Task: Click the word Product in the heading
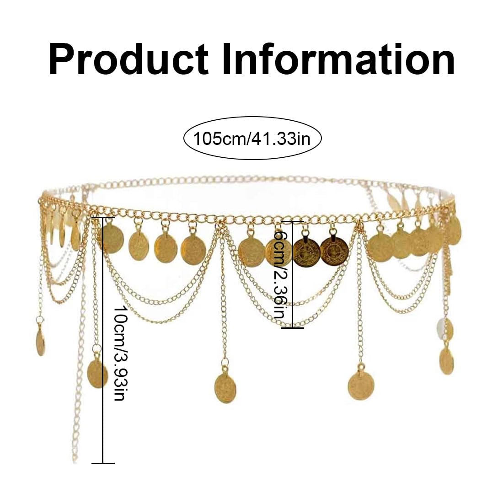point(128,60)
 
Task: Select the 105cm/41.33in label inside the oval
point(252,138)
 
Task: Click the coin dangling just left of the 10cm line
point(97,373)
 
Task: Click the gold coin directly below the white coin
point(446,360)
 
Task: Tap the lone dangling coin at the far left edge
point(40,342)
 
